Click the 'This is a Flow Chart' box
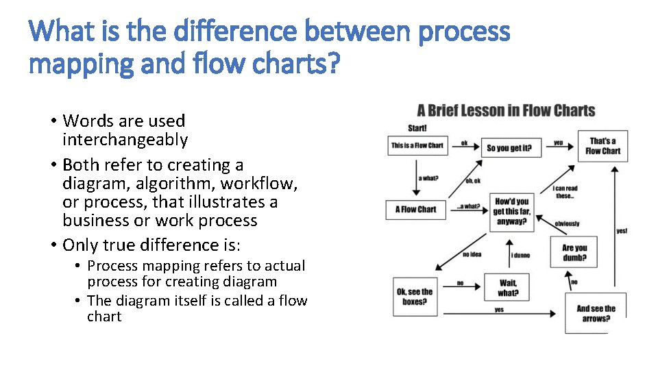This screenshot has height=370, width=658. tap(417, 145)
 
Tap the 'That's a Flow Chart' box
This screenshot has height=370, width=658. tap(602, 147)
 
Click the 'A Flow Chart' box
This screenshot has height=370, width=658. tap(415, 209)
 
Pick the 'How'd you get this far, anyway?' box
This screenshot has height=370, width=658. tap(512, 211)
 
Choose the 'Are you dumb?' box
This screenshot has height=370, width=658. tap(574, 253)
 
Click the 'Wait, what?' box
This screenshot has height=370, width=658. tap(508, 288)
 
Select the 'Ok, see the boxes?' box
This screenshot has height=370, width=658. tap(415, 297)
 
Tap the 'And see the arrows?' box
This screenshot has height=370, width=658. tap(595, 313)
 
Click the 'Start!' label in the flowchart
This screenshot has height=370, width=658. tap(417, 128)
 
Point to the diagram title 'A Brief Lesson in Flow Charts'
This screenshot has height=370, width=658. tap(506, 111)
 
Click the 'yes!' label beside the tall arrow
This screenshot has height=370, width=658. tap(621, 231)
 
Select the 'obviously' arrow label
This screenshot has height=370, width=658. tap(567, 223)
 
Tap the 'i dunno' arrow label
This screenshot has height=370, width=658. tap(520, 255)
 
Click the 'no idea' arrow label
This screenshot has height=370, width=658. tap(472, 254)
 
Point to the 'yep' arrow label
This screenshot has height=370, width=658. tap(558, 143)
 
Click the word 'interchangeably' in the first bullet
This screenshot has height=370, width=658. tap(125, 140)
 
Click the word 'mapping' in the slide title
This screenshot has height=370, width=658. tap(66, 64)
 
